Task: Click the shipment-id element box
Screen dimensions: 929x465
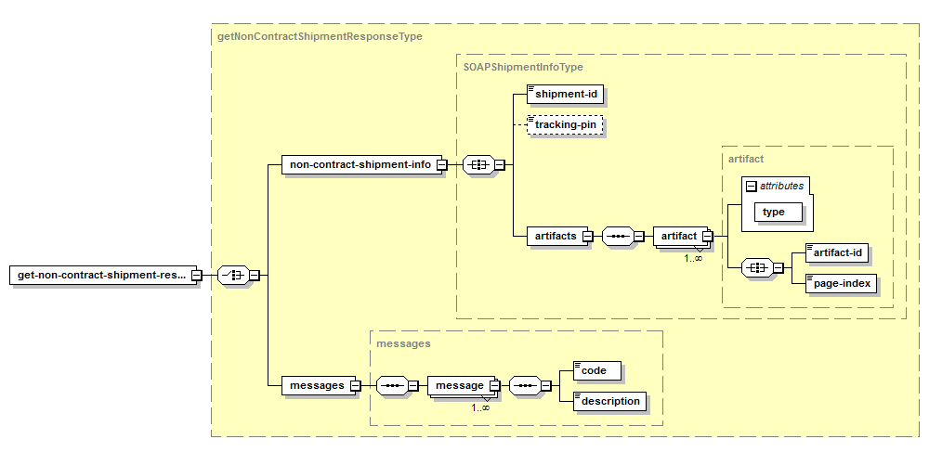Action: pyautogui.click(x=565, y=94)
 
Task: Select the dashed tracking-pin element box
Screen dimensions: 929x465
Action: pyautogui.click(x=565, y=124)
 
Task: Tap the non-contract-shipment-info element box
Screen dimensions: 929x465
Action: pyautogui.click(x=364, y=164)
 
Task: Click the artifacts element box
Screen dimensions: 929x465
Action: pyautogui.click(x=558, y=236)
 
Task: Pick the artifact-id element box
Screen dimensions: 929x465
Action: pyautogui.click(x=837, y=253)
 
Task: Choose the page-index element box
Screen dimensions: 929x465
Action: pyautogui.click(x=842, y=283)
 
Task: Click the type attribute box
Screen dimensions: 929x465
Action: pyautogui.click(x=779, y=212)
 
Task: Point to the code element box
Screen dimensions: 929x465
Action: pyautogui.click(x=597, y=371)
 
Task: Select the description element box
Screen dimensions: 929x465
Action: pyautogui.click(x=609, y=401)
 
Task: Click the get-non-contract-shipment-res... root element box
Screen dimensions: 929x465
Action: pyautogui.click(x=104, y=275)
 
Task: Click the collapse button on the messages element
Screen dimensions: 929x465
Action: pyautogui.click(x=355, y=386)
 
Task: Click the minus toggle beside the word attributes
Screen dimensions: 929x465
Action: pyautogui.click(x=752, y=187)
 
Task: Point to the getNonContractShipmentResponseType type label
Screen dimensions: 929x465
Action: pyautogui.click(x=320, y=37)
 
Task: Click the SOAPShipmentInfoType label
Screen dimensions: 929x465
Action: pyautogui.click(x=523, y=68)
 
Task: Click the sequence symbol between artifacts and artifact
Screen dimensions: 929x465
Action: pyautogui.click(x=618, y=236)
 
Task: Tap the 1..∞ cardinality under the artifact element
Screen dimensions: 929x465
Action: pyautogui.click(x=693, y=258)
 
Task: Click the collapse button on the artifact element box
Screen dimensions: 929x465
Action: pyautogui.click(x=707, y=237)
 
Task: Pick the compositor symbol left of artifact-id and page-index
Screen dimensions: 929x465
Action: pyautogui.click(x=758, y=268)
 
